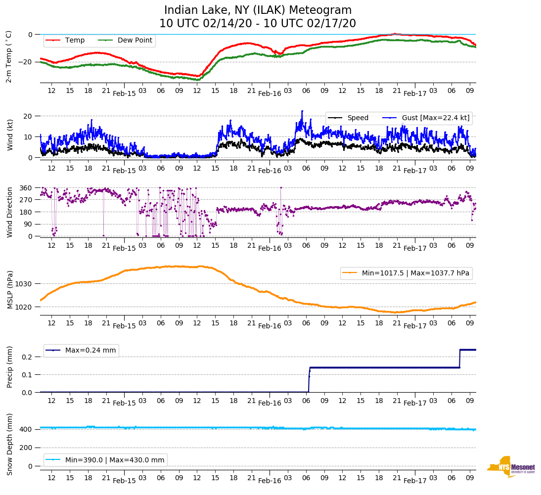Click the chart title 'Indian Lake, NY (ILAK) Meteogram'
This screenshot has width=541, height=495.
[x=258, y=10]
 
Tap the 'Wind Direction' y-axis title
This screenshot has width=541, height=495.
[x=10, y=212]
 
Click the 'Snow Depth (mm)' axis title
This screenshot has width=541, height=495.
[x=10, y=444]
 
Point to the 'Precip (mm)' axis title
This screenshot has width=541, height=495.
[x=10, y=368]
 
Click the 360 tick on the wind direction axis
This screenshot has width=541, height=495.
[x=26, y=188]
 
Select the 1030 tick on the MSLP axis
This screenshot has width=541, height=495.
[x=24, y=284]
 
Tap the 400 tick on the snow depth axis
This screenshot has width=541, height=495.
[x=26, y=429]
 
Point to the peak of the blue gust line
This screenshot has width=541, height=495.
[x=302, y=111]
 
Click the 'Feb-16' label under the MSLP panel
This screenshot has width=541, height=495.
[x=270, y=326]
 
